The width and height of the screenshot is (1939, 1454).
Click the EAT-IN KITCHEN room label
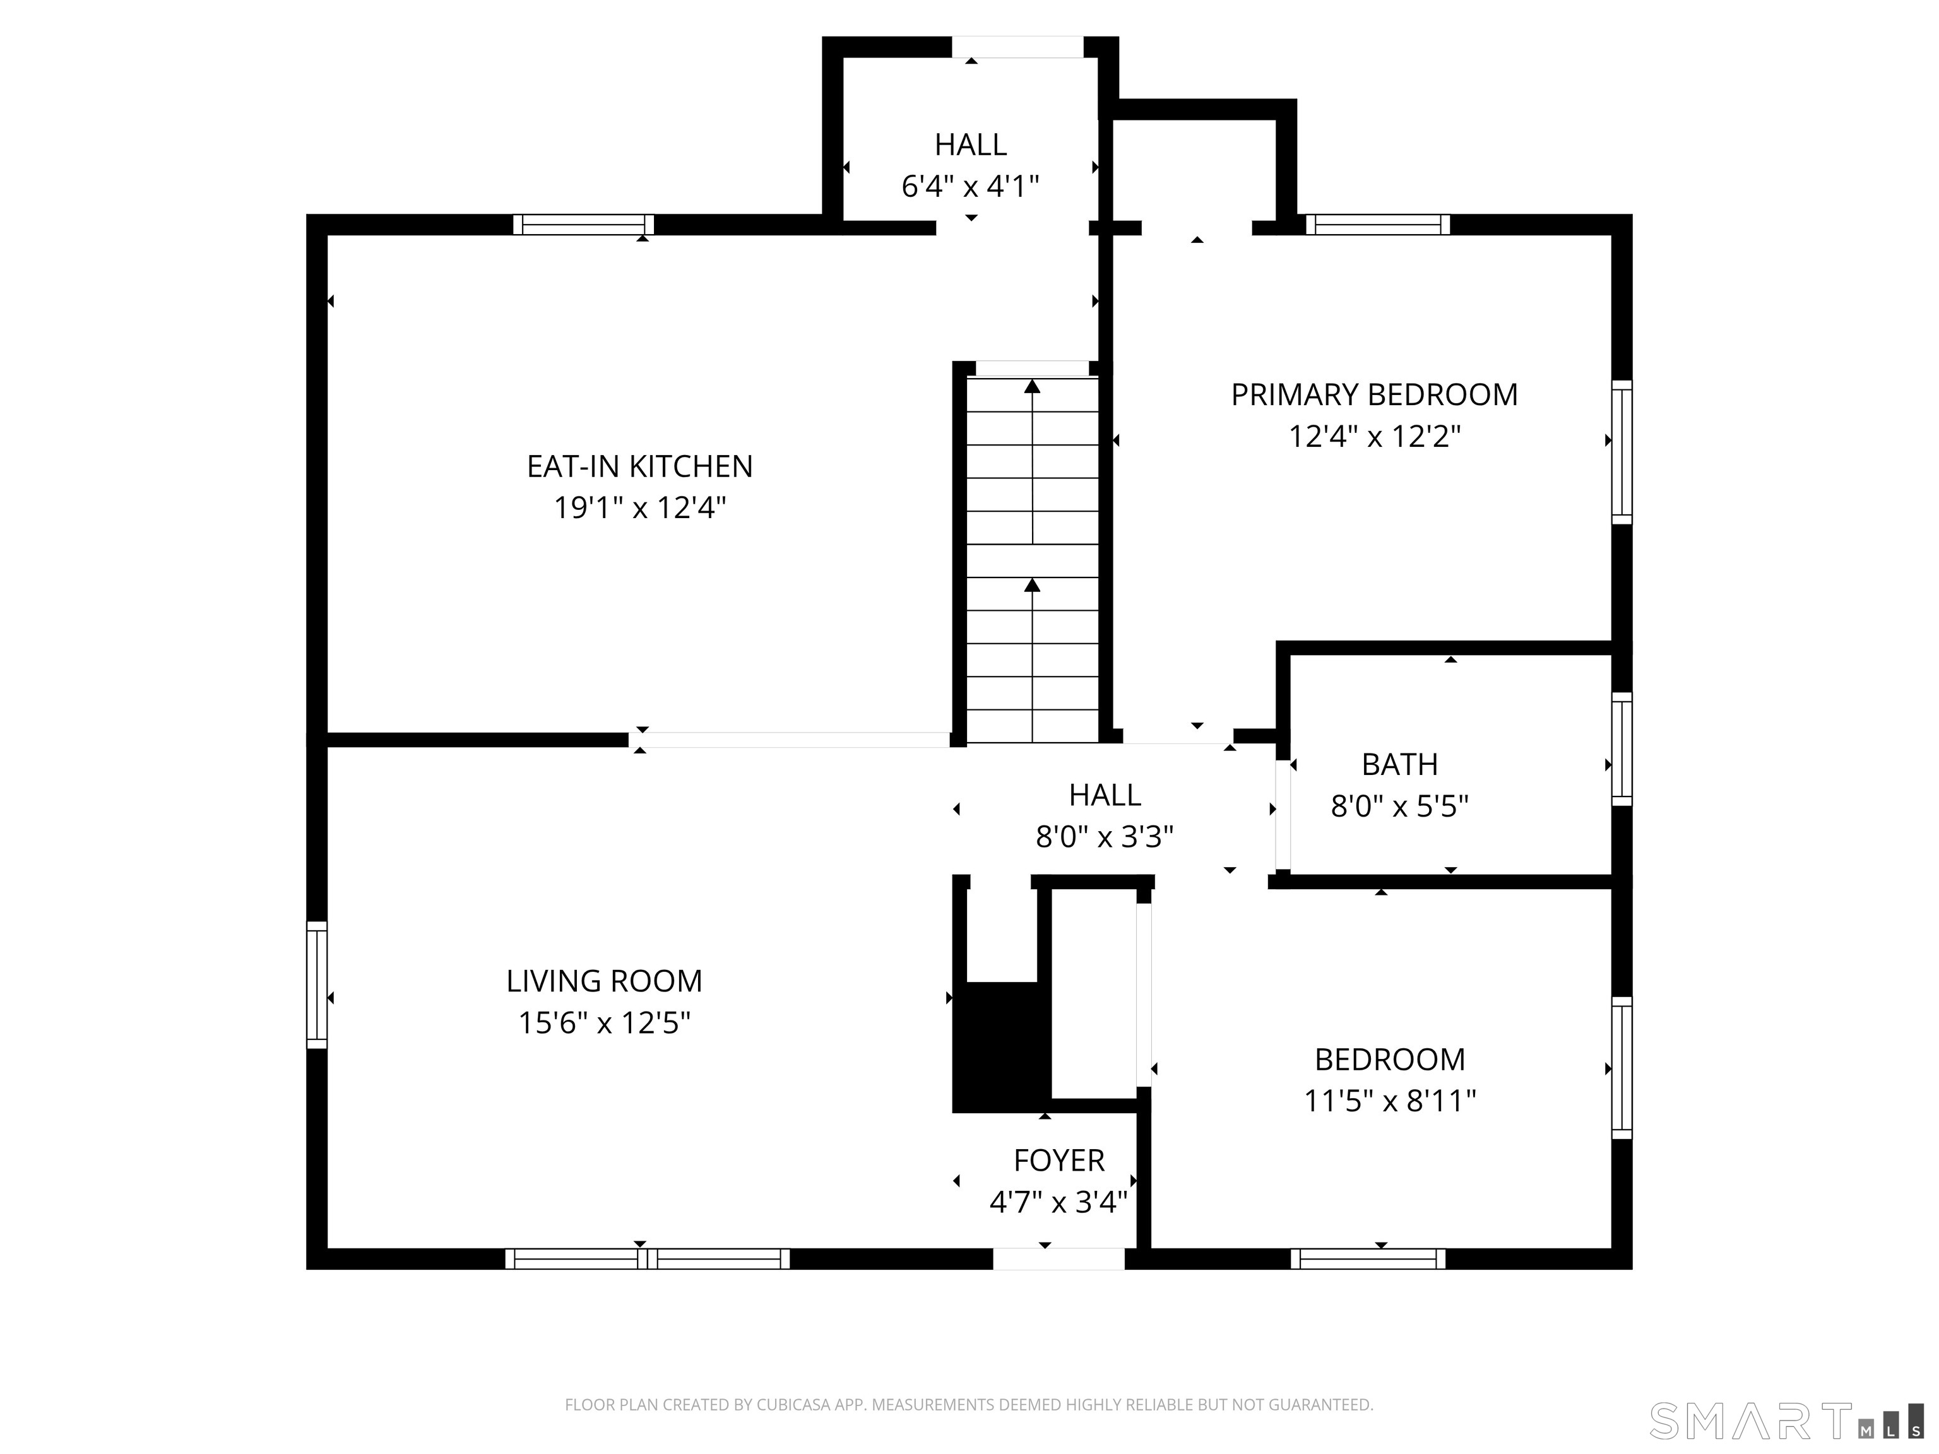(640, 466)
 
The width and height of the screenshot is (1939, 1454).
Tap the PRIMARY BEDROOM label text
(1375, 394)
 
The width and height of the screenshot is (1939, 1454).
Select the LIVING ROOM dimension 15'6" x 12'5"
(605, 1022)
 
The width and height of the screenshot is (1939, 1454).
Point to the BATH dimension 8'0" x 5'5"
(1400, 805)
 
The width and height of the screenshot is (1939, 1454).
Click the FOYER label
(1059, 1161)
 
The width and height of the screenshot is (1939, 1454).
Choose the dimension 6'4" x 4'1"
(970, 186)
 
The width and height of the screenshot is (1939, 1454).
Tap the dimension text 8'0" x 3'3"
(1105, 837)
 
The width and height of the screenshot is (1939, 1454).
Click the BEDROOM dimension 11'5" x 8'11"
(1391, 1100)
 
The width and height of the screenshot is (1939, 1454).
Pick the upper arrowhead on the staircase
(1033, 386)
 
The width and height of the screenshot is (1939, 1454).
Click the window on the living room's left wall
(316, 984)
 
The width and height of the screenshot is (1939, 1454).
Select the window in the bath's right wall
(1623, 748)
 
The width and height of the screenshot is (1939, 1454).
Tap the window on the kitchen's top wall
(584, 225)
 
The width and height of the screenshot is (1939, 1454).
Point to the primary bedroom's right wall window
(1623, 452)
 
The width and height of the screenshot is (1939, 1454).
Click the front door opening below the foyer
(1059, 1258)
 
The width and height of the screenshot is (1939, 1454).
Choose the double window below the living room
(648, 1258)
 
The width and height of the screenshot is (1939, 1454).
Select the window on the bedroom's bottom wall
(1368, 1258)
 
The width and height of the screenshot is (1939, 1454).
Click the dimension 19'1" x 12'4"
(640, 507)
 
